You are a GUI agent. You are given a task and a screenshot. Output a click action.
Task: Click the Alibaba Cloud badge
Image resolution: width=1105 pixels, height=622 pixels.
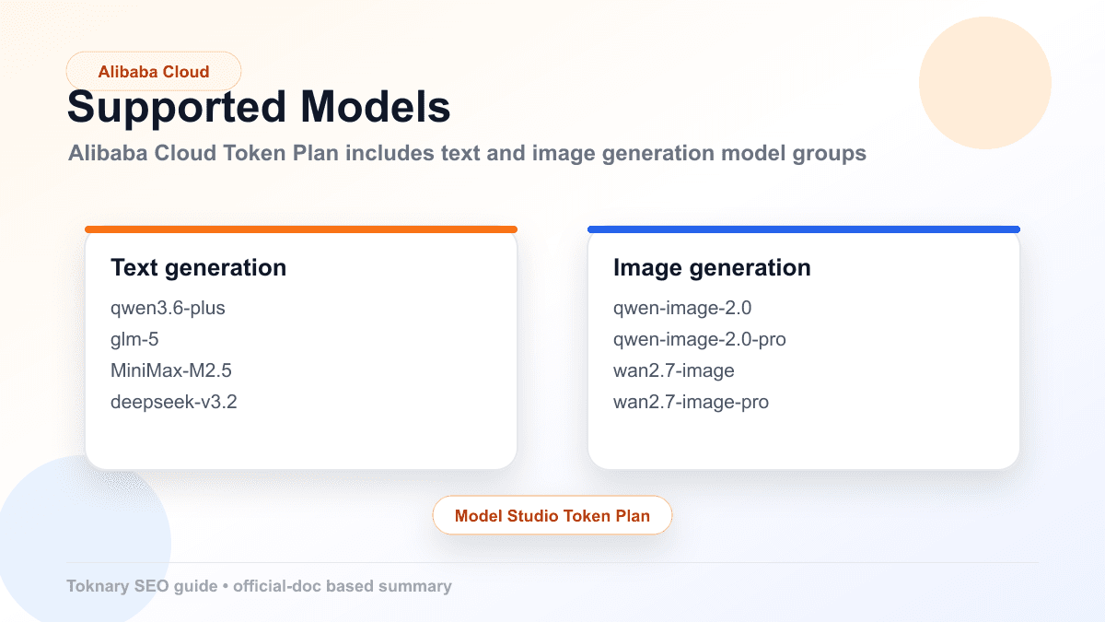click(154, 71)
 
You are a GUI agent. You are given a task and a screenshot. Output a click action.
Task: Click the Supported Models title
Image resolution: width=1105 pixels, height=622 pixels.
click(259, 108)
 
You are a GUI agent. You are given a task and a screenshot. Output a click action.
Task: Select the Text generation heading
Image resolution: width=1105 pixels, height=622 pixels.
click(198, 267)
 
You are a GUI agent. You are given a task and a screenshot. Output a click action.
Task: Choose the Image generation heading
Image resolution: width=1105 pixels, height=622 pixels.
click(712, 267)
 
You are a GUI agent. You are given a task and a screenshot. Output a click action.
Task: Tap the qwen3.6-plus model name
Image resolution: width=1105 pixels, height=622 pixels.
click(168, 308)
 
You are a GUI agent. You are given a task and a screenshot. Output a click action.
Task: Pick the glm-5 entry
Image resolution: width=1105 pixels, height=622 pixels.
click(134, 339)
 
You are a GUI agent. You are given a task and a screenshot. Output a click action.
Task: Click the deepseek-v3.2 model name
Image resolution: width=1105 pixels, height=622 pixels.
click(173, 402)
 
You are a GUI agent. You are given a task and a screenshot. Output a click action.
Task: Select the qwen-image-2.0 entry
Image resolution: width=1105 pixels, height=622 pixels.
click(682, 308)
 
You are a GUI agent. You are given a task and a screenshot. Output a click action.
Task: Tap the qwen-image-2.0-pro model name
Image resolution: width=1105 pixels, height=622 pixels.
click(700, 339)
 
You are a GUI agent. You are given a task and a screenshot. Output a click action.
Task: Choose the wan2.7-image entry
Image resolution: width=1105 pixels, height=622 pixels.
click(674, 370)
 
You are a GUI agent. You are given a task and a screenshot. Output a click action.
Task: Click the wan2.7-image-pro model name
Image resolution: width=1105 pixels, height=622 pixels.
click(691, 402)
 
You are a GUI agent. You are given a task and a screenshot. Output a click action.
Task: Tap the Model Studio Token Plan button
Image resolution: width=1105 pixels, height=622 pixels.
click(552, 516)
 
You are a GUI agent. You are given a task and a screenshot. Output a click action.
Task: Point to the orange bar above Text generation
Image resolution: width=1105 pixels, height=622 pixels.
click(301, 229)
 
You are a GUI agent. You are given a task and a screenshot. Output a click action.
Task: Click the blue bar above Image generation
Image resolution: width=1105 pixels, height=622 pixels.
click(804, 229)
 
